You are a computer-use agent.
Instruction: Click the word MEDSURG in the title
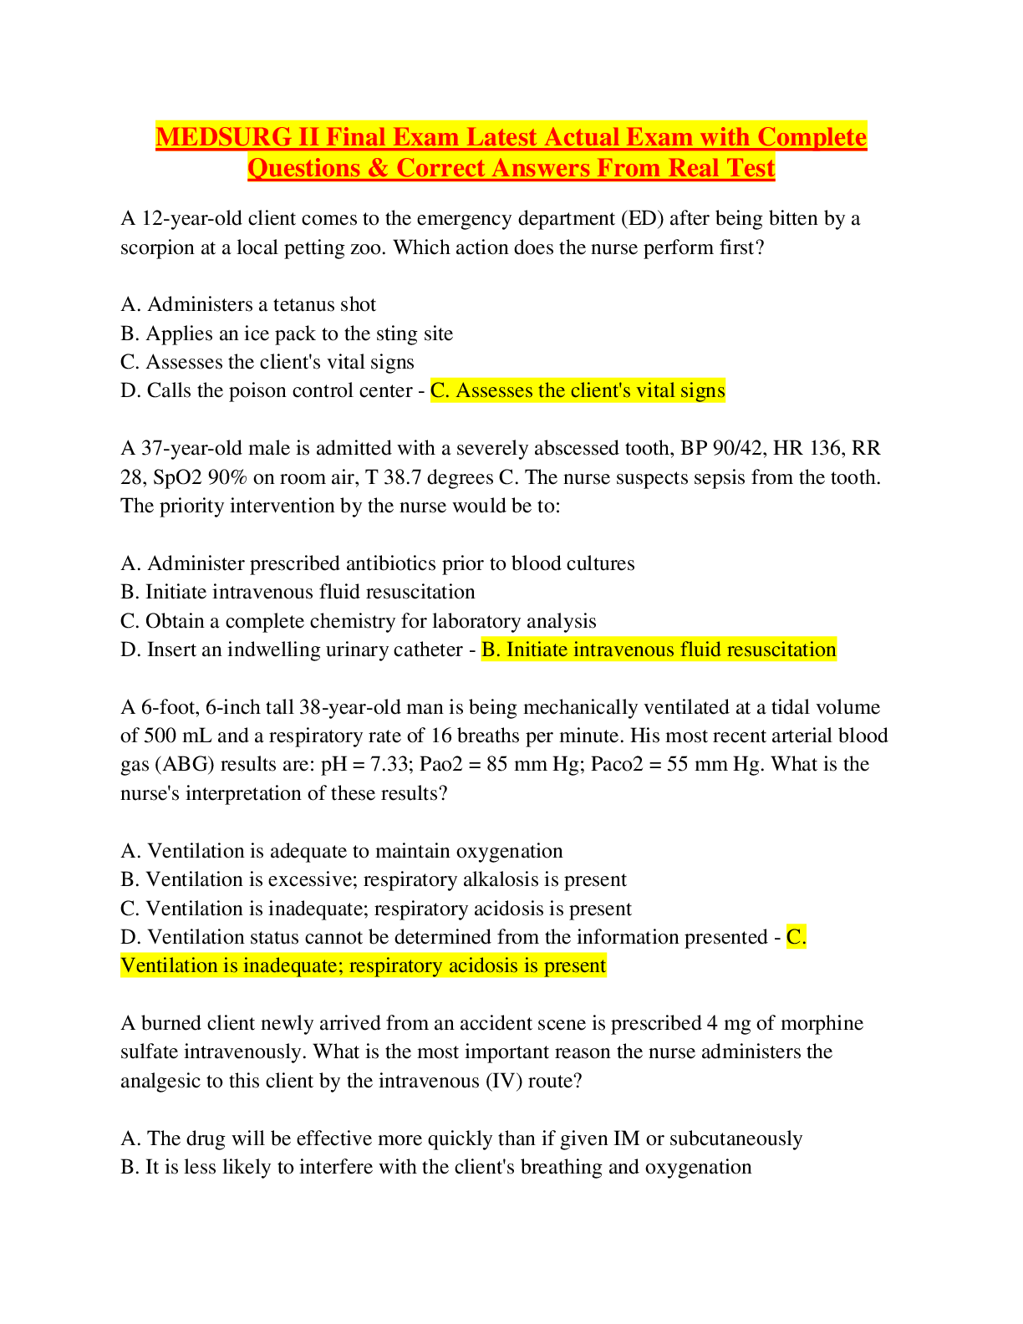pos(224,136)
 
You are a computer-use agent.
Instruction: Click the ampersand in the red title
pos(378,167)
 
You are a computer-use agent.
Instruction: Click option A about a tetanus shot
pos(248,304)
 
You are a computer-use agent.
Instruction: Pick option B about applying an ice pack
pos(287,334)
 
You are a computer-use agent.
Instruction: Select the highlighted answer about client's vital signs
pos(578,390)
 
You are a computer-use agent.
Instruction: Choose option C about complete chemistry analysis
pos(359,621)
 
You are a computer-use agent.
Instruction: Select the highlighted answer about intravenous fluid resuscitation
pos(659,649)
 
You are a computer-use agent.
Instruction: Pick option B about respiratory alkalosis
pos(374,879)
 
